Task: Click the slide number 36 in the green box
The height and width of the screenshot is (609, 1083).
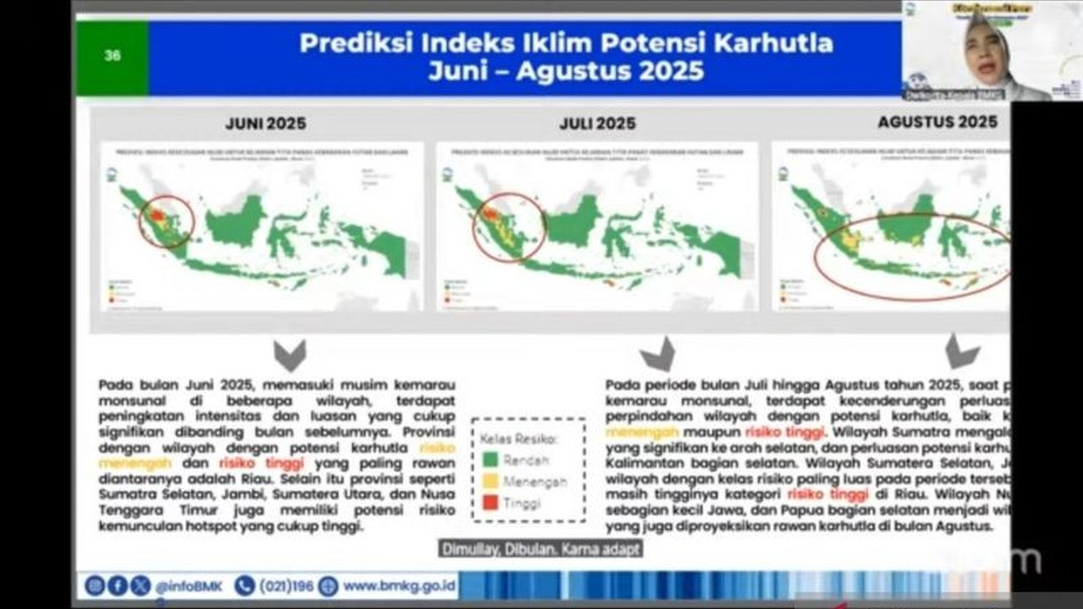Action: click(x=113, y=57)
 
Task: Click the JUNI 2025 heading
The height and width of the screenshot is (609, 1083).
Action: click(x=266, y=123)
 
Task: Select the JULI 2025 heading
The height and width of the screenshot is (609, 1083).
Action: click(x=597, y=123)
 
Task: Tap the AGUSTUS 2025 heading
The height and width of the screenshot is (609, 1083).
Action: click(x=937, y=122)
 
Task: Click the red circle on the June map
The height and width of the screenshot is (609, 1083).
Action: click(x=166, y=222)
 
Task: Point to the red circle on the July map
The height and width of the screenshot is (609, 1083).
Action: click(x=509, y=227)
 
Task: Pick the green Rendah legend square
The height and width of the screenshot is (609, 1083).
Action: click(x=490, y=460)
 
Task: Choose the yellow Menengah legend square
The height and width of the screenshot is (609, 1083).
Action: click(x=490, y=481)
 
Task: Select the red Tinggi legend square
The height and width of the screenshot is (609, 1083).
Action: click(x=490, y=502)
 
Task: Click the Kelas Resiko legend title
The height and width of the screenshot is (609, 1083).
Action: click(x=519, y=439)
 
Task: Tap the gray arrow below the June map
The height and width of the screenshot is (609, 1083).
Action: click(x=289, y=355)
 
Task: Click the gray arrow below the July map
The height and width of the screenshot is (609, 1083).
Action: click(x=658, y=354)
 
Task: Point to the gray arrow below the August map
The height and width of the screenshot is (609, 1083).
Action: click(x=962, y=351)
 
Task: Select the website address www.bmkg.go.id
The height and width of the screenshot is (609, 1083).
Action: click(x=399, y=585)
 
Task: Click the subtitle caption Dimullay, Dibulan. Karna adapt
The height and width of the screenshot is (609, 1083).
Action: click(x=540, y=549)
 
